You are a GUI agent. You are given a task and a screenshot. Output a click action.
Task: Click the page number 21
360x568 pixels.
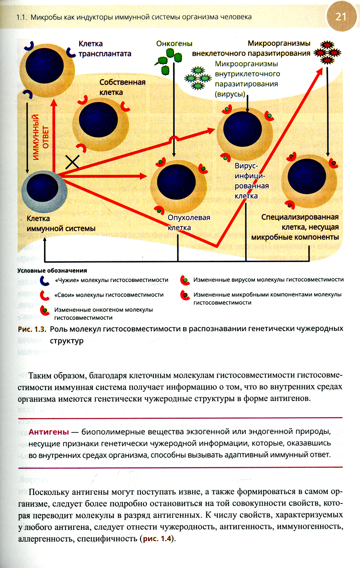pos(340,17)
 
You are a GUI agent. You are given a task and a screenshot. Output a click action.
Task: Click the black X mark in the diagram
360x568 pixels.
pos(72,162)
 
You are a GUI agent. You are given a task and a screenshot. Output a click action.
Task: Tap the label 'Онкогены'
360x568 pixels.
pos(174,44)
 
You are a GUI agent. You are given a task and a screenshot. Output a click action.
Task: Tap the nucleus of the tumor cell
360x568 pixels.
pos(177,182)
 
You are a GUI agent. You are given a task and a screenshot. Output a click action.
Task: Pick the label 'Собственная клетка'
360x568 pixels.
pos(122,87)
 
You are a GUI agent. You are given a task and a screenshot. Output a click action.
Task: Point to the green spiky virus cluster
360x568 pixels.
pos(198,77)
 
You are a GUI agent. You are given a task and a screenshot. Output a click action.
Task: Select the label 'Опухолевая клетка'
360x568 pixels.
pos(189,222)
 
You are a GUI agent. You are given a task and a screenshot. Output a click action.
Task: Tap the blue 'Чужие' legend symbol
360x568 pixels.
pos(45,280)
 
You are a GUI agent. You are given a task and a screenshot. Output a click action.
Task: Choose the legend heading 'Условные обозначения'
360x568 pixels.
pos(52,270)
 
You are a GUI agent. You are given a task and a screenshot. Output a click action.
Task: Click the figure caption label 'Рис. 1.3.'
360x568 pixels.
pos(32,329)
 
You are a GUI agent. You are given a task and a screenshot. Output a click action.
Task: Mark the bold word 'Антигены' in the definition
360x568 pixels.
pos(49,432)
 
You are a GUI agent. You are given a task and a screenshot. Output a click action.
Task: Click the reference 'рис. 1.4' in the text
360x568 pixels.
pos(157,539)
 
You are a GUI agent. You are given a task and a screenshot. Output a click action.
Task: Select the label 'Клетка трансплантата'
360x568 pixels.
pos(104,49)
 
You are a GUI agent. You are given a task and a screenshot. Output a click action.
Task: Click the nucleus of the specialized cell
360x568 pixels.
pos(307,176)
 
